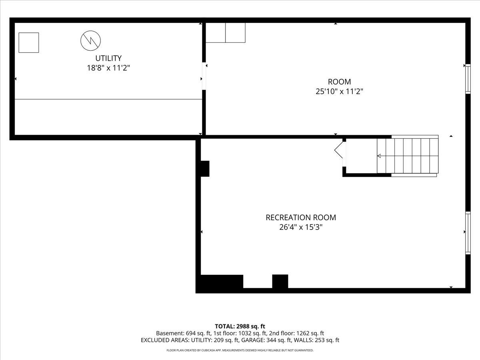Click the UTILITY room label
click(x=108, y=58)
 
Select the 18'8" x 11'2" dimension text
click(x=108, y=68)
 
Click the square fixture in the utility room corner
click(x=29, y=43)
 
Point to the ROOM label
click(x=339, y=82)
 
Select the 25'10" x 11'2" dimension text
click(x=339, y=91)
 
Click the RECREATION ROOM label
click(x=301, y=218)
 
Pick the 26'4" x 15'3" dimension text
click(x=301, y=227)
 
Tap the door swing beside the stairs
click(x=339, y=150)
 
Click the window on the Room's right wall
click(x=468, y=79)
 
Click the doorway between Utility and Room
click(x=204, y=77)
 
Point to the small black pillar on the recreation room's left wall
click(x=204, y=168)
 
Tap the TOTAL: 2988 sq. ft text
click(x=240, y=326)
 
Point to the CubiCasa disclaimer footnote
click(x=240, y=350)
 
